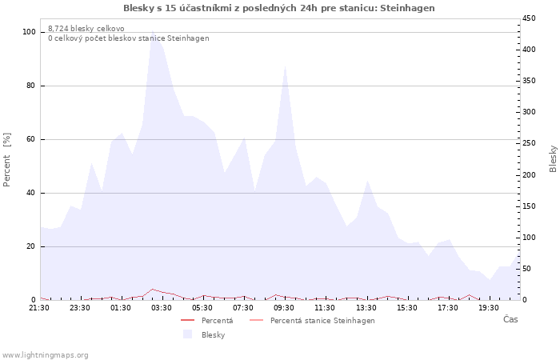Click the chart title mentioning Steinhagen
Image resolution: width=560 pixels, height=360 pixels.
[279, 8]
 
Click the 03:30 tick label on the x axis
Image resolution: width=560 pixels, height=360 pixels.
[162, 308]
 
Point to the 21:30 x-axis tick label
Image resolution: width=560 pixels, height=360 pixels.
[39, 308]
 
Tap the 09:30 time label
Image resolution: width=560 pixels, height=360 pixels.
[285, 308]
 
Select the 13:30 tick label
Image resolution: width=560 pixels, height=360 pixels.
[366, 308]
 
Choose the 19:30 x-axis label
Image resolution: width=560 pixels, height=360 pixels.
[489, 308]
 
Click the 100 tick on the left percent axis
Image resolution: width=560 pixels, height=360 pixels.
[30, 32]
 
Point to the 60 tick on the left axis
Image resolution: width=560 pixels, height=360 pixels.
[32, 139]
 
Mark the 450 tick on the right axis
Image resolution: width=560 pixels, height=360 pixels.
[529, 18]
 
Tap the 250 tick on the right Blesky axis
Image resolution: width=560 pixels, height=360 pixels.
[529, 143]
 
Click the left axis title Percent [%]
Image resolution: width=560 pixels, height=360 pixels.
[7, 159]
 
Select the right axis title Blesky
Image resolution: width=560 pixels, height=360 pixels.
[553, 158]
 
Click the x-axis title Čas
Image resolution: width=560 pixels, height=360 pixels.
[510, 320]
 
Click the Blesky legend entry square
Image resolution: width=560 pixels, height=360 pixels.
[187, 334]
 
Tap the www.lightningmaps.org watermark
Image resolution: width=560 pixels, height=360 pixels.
[45, 354]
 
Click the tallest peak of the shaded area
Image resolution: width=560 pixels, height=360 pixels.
[153, 32]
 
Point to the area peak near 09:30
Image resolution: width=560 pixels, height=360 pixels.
[286, 66]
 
